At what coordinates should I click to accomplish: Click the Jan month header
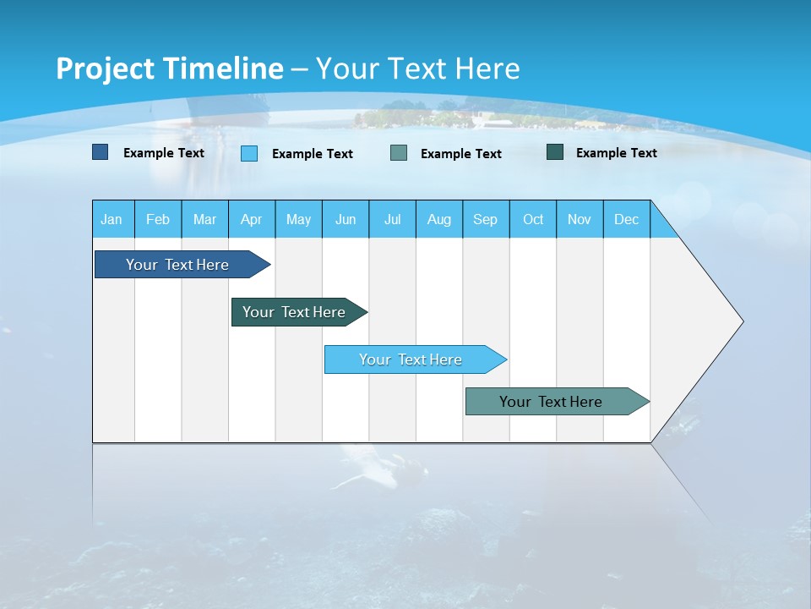coord(112,219)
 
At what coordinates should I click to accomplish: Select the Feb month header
coord(158,219)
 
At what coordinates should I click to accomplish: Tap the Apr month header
coord(252,219)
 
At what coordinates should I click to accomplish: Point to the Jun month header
coord(346,219)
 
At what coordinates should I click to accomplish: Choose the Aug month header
coord(439,219)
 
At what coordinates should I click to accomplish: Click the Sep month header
coord(486,219)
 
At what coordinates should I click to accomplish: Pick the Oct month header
coord(533,219)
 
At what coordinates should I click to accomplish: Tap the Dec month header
coord(627,219)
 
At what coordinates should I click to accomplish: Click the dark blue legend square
coord(101,152)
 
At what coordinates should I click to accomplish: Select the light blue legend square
coord(249,153)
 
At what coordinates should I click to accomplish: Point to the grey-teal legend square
coord(399,153)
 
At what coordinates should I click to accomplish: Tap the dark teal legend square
coord(555,152)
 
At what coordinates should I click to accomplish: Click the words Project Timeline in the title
coord(169,69)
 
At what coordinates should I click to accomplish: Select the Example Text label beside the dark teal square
coord(616,153)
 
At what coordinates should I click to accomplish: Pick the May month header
coord(298,219)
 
